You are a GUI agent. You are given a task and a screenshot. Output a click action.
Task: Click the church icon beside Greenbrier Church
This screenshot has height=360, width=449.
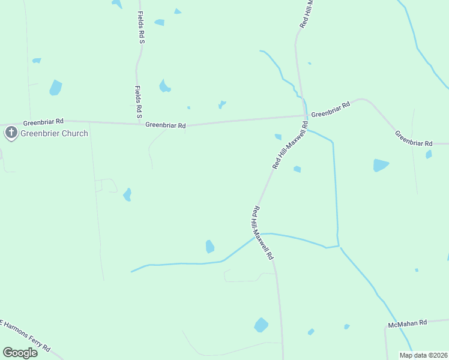[11, 133]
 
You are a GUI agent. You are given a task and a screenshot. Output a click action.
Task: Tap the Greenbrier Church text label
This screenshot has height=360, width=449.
[55, 133]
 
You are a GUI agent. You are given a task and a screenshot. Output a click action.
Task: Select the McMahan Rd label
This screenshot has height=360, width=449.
[407, 323]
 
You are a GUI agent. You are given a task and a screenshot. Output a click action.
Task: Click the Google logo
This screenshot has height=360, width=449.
[20, 352]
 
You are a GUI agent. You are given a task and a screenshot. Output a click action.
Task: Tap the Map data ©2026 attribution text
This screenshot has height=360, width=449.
[423, 355]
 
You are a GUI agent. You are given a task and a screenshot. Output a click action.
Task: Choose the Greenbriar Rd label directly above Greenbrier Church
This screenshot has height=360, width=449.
[43, 122]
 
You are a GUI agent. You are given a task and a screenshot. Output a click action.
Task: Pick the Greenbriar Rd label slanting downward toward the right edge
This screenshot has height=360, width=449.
[414, 139]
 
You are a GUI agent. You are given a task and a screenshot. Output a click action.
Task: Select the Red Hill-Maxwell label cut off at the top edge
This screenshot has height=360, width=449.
[307, 13]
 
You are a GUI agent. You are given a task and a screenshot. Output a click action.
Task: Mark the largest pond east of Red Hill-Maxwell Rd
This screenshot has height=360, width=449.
[381, 165]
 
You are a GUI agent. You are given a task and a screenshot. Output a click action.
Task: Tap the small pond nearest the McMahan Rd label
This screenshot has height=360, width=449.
[347, 326]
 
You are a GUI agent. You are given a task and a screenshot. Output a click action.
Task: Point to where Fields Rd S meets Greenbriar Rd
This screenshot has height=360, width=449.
[139, 124]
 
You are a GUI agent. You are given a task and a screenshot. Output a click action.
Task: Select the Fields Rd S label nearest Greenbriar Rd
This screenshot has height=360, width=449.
[139, 101]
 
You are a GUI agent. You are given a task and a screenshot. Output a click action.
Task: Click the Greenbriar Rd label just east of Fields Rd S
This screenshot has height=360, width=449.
[166, 125]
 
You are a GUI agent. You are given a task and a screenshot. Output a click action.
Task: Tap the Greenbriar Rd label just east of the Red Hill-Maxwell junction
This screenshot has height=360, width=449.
[331, 110]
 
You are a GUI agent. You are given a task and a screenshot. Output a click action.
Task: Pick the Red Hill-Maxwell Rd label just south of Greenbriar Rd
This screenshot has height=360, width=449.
[291, 145]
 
